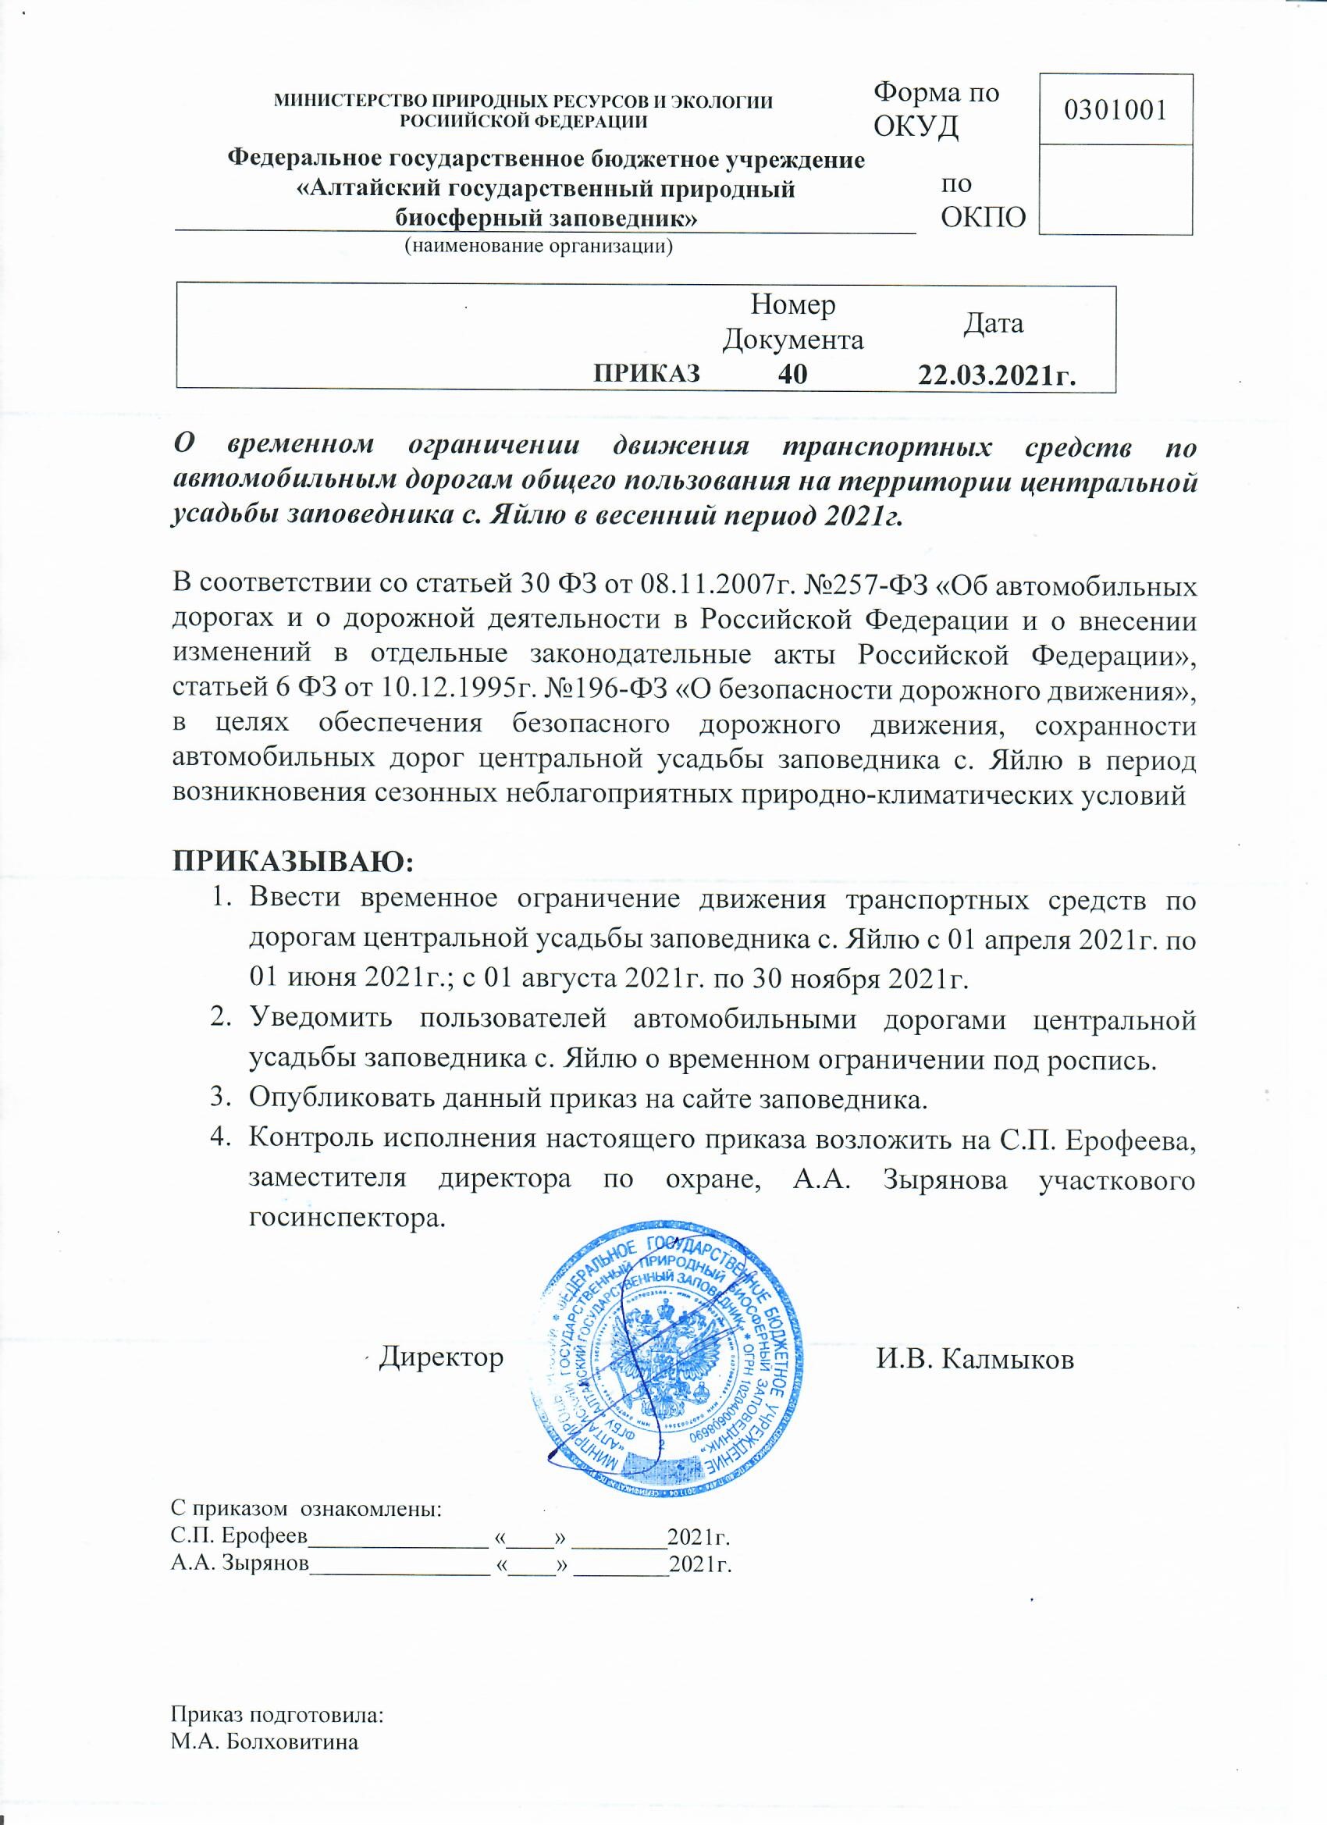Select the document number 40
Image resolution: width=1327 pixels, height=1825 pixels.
(x=792, y=374)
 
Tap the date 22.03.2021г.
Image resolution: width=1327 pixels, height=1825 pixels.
(x=998, y=375)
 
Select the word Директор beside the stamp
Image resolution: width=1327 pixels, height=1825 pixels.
(x=442, y=1357)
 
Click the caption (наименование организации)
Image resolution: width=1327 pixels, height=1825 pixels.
(x=538, y=245)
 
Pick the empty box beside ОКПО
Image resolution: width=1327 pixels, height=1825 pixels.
(x=1115, y=190)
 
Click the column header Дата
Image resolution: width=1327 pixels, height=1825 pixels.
(x=994, y=323)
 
